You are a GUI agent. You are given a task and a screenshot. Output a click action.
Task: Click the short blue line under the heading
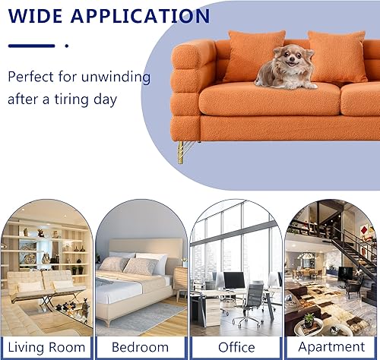pyautogui.click(x=31, y=46)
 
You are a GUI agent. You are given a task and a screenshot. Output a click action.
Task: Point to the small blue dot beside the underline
pyautogui.click(x=67, y=46)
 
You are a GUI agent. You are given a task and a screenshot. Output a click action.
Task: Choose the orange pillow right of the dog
pyautogui.click(x=337, y=58)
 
